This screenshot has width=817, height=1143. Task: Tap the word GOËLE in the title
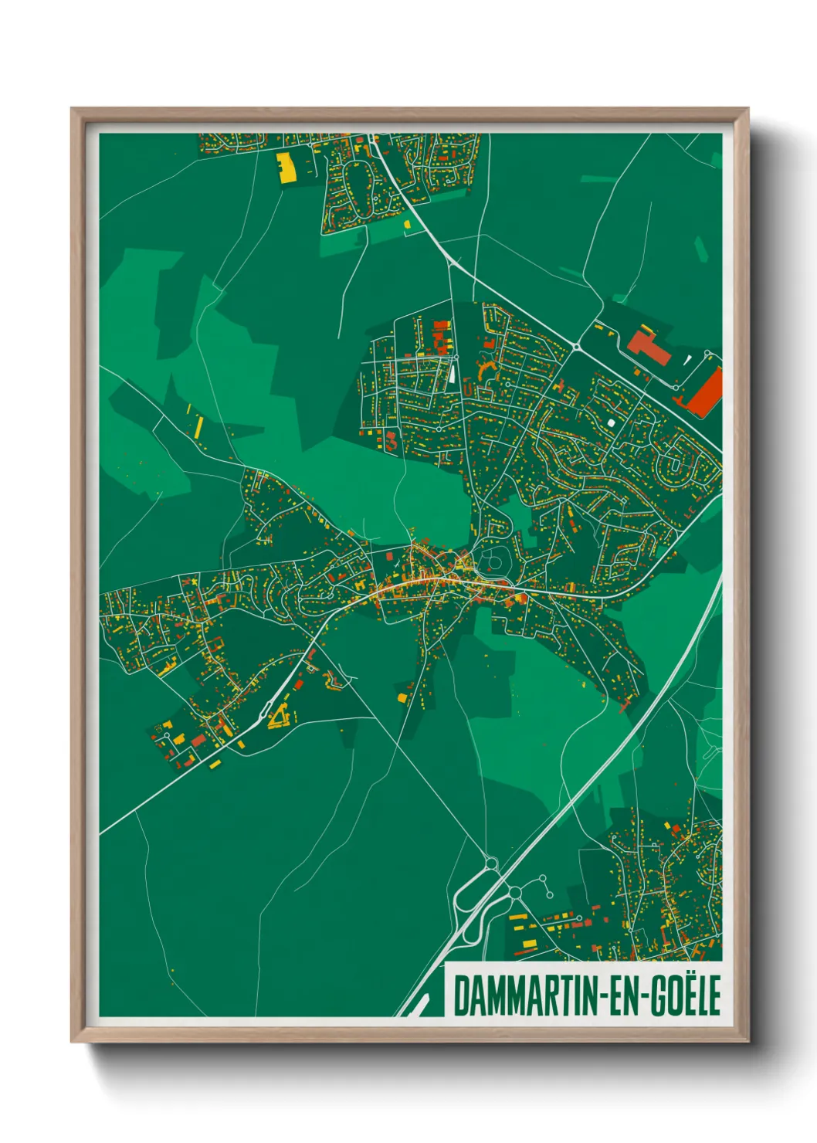point(683,995)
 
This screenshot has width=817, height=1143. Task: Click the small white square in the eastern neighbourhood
point(612,422)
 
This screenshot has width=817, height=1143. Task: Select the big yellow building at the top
point(286,167)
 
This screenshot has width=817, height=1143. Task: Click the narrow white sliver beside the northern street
point(450,374)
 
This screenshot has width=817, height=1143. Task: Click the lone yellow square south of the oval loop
point(407,224)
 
